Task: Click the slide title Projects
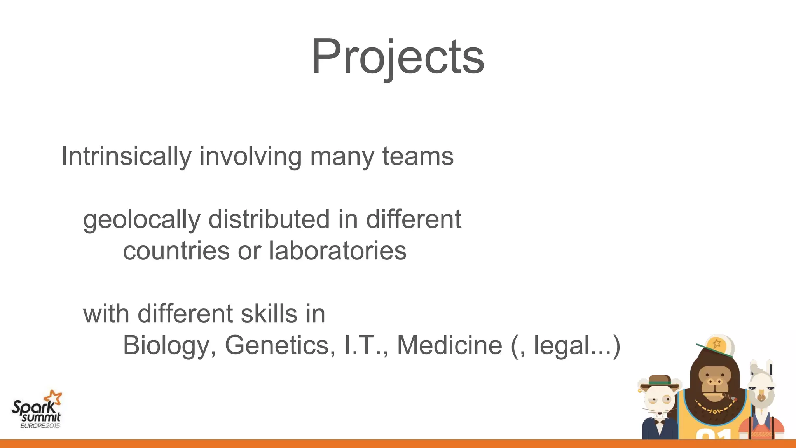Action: [398, 57]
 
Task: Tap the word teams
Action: [418, 156]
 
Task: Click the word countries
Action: [176, 251]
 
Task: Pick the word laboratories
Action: [337, 251]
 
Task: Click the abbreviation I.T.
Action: [365, 345]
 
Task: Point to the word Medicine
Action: [449, 345]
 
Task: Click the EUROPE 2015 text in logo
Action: [40, 426]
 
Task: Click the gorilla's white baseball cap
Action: [717, 345]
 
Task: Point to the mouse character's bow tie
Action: [659, 421]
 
